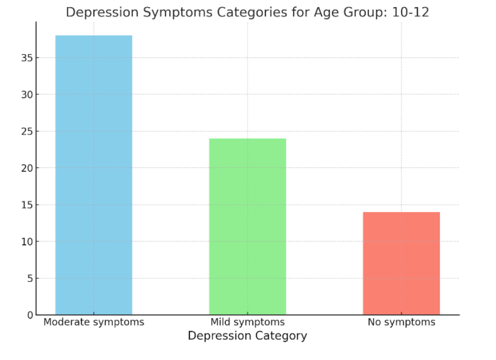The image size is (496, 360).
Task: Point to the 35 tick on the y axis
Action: (x=26, y=58)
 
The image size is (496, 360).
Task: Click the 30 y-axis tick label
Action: (x=26, y=95)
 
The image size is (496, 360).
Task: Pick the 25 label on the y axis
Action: (x=26, y=131)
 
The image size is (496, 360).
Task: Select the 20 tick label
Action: (x=26, y=168)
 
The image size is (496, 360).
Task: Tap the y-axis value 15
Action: (x=26, y=205)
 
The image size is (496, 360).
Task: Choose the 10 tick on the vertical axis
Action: (x=26, y=242)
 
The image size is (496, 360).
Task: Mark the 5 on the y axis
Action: (x=28, y=279)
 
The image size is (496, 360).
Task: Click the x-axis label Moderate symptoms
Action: (x=94, y=322)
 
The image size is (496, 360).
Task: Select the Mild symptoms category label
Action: (x=247, y=322)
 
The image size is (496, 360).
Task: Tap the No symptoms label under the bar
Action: (x=402, y=322)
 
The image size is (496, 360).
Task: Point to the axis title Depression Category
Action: (x=247, y=336)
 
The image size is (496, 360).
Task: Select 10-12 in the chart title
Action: (x=410, y=12)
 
